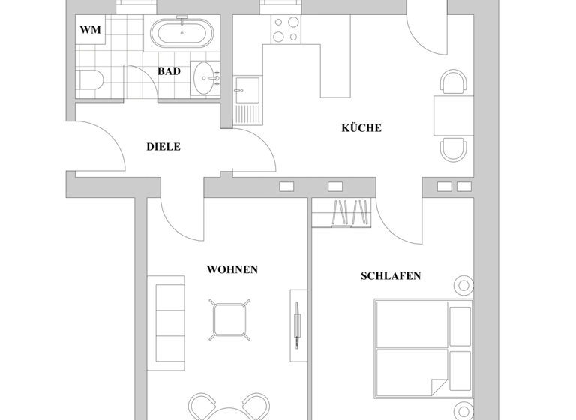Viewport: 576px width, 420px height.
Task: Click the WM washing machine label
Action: click(x=90, y=30)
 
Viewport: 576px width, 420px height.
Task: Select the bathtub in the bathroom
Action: click(x=183, y=34)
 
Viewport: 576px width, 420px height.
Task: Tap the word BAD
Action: click(x=169, y=71)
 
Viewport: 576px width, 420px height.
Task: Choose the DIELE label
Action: click(x=163, y=147)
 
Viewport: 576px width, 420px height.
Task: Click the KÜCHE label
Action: click(x=361, y=128)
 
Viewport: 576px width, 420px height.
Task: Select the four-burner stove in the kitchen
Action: click(x=286, y=30)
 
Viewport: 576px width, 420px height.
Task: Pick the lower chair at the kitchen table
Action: click(x=453, y=149)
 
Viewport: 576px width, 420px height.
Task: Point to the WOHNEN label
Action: click(x=232, y=269)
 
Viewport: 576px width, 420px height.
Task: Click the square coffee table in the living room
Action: click(x=229, y=320)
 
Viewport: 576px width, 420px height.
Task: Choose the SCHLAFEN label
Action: click(x=391, y=276)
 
